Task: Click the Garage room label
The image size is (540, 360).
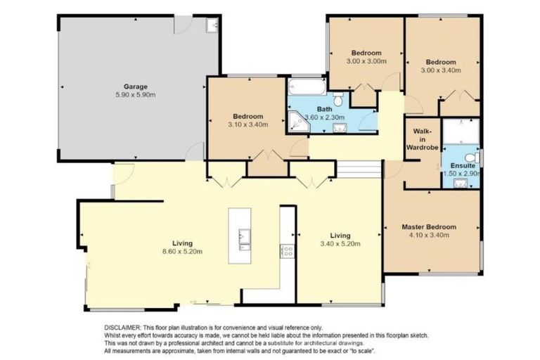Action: pyautogui.click(x=136, y=86)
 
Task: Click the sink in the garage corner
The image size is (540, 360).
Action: pyautogui.click(x=212, y=25)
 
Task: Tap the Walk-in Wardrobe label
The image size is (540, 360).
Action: pyautogui.click(x=422, y=139)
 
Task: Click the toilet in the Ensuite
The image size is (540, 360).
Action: pyautogui.click(x=475, y=156)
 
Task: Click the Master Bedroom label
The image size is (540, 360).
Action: pyautogui.click(x=429, y=227)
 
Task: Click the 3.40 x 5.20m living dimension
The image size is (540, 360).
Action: pyautogui.click(x=340, y=244)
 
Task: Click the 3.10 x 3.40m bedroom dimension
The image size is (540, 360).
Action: pyautogui.click(x=249, y=124)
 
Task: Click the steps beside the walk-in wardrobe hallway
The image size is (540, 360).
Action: pyautogui.click(x=359, y=169)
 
